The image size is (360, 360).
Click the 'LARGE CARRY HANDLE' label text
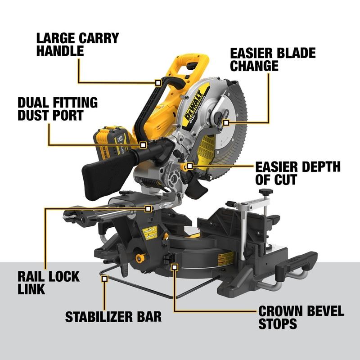click(x=77, y=44)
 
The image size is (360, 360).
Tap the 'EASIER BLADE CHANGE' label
click(x=273, y=59)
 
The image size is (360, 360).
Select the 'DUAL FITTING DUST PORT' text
click(x=57, y=108)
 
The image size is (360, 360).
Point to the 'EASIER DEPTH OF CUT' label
click(x=297, y=173)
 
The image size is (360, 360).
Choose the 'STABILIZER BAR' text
click(x=113, y=316)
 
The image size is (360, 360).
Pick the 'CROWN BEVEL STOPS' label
click(x=301, y=317)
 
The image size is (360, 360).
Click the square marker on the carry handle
click(x=157, y=83)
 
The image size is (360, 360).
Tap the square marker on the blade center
click(x=226, y=122)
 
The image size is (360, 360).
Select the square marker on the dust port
click(x=143, y=145)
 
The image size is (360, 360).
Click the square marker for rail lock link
click(x=148, y=208)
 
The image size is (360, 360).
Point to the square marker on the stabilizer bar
click(x=104, y=279)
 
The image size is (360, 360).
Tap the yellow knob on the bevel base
click(x=140, y=259)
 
